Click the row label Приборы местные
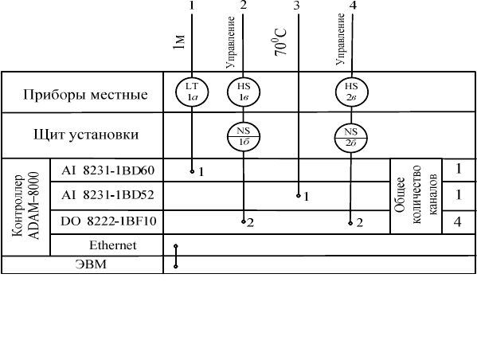85,95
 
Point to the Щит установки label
86,135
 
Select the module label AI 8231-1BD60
108,170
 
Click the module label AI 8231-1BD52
108,195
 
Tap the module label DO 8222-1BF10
108,221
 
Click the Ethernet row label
112,245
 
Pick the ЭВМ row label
91,264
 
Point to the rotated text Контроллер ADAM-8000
25,206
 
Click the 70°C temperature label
280,42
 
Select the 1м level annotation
179,42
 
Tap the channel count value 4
458,222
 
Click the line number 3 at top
296,5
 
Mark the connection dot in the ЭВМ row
175,267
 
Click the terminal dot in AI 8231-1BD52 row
299,196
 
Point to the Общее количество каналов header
416,195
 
